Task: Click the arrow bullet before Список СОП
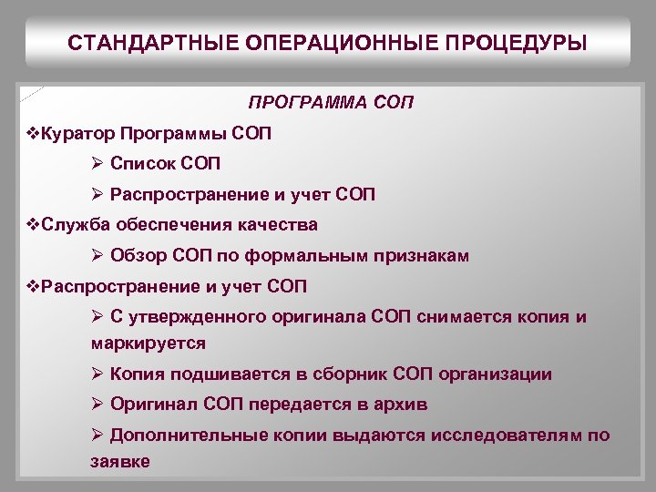click(x=97, y=164)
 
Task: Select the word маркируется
click(x=149, y=343)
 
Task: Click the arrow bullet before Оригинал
click(x=97, y=404)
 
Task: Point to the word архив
click(x=402, y=404)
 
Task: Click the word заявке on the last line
click(x=120, y=462)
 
